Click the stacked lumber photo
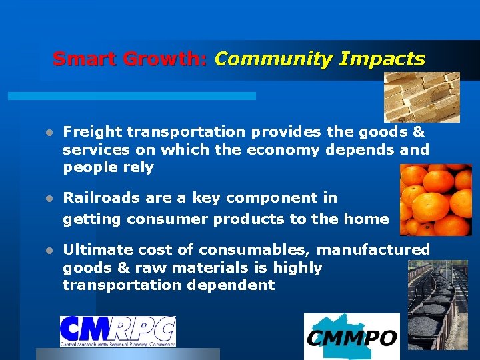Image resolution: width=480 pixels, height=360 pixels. coord(422,97)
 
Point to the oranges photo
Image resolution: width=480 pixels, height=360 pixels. coord(435,200)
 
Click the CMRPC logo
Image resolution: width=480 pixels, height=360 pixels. coord(118,331)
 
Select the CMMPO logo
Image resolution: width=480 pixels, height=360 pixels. coord(352,337)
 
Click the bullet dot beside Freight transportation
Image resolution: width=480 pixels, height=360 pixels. coord(49,133)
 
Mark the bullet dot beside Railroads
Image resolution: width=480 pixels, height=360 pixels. coord(49,198)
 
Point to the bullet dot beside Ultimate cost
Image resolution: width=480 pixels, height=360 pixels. coord(49,250)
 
